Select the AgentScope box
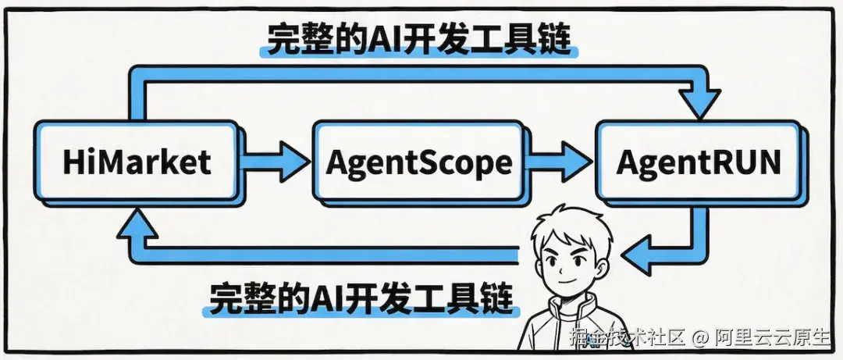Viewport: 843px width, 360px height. pyautogui.click(x=418, y=162)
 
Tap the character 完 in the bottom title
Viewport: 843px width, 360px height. pyautogui.click(x=222, y=297)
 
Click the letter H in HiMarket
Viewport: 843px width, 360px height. pyautogui.click(x=73, y=162)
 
